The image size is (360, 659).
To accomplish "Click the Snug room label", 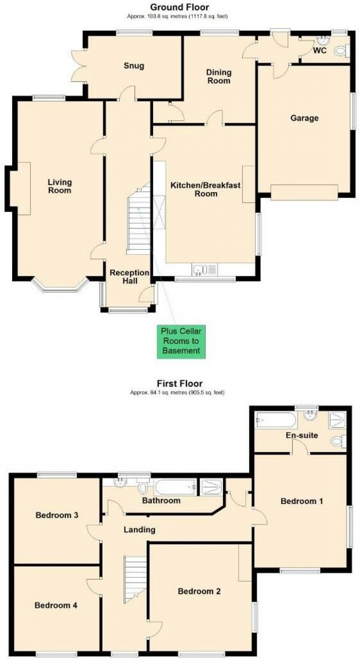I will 134,66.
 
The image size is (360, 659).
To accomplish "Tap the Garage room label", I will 304,118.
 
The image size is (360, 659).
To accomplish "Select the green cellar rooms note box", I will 181,341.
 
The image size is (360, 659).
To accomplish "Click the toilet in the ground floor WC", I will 341,50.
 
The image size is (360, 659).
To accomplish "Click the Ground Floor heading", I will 179,7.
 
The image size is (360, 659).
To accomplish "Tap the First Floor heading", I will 180,383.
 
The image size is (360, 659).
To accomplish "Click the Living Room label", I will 60,186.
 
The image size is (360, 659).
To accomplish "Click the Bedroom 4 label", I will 56,605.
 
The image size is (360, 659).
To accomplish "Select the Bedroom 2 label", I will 199,591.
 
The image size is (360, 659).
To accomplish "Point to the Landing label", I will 139,529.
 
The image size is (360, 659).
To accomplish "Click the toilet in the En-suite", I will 338,441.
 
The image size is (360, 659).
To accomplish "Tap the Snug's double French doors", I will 78,66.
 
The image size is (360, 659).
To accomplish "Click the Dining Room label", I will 219,76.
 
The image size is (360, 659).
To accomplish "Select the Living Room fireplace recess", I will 20,188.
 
